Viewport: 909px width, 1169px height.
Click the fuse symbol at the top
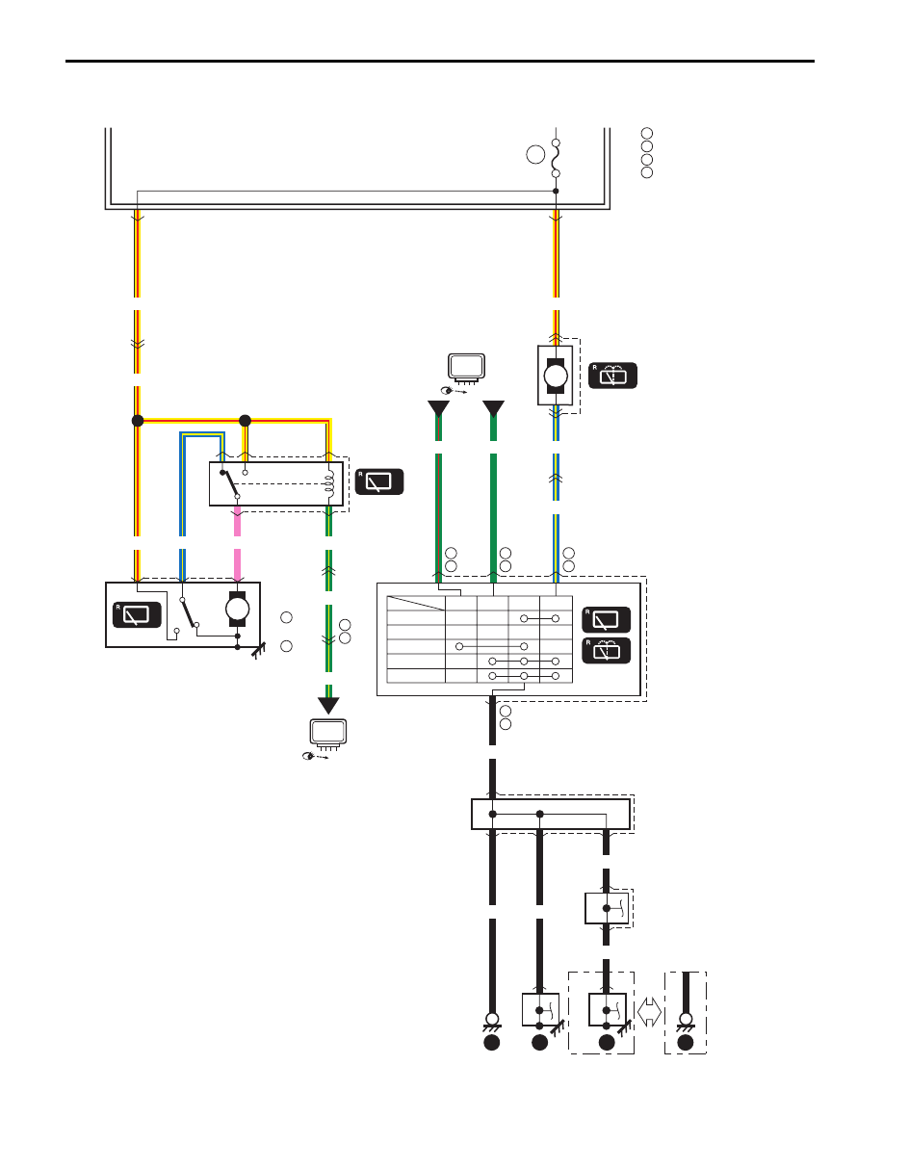[x=556, y=158]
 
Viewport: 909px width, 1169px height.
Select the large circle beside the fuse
[x=535, y=154]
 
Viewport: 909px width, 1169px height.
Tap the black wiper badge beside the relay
[x=379, y=481]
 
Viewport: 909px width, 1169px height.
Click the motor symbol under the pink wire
[x=237, y=609]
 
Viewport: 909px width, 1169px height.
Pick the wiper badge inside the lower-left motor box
[x=137, y=615]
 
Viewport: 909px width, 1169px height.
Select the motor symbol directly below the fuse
[x=556, y=376]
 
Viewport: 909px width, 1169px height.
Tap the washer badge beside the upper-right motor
[x=612, y=376]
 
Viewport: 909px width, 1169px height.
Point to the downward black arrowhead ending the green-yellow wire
[x=328, y=706]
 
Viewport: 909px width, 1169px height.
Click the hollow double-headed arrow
[x=649, y=1012]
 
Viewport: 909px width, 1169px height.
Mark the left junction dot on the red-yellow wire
[x=138, y=421]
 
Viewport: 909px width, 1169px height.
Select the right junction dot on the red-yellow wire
[x=245, y=421]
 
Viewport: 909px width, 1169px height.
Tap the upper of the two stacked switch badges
[x=607, y=620]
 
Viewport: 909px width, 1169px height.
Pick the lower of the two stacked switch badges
[x=607, y=650]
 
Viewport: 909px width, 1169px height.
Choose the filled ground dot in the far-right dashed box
[x=686, y=1043]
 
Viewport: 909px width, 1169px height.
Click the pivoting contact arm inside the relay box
[x=230, y=484]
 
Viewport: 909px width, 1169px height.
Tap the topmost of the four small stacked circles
[x=646, y=134]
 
